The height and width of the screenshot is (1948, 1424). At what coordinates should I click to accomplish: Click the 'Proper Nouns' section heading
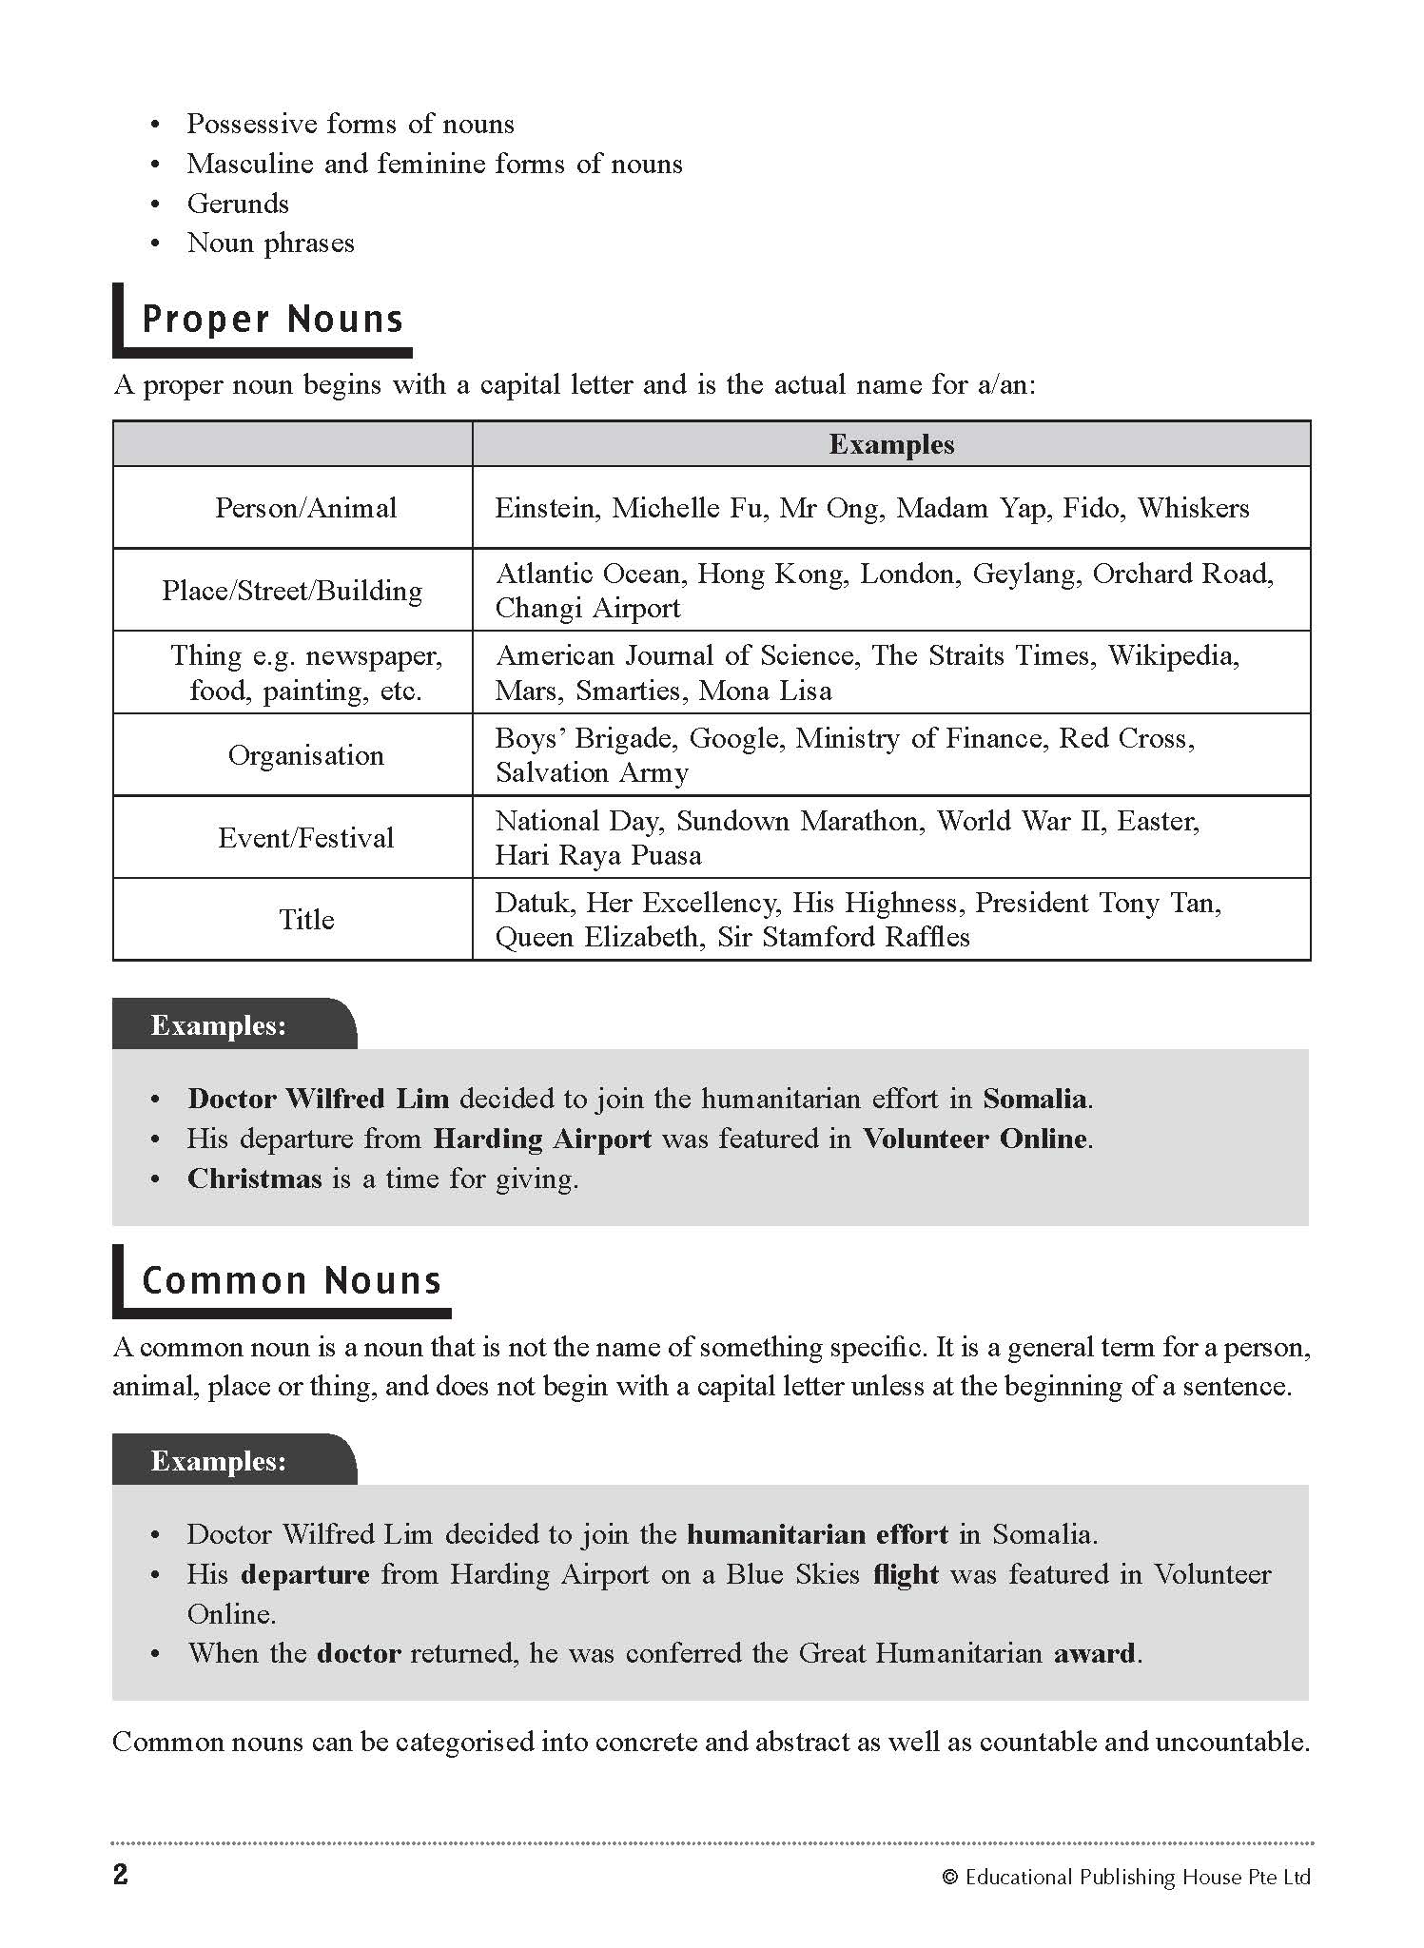click(x=272, y=320)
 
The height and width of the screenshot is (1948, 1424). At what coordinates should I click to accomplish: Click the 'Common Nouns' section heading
click(x=291, y=1280)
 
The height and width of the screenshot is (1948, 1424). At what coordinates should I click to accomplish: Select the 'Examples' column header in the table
click(x=891, y=444)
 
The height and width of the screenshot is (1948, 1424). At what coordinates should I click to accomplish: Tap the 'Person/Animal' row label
click(x=305, y=508)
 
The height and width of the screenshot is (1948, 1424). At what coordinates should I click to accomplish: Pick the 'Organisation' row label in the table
click(x=305, y=755)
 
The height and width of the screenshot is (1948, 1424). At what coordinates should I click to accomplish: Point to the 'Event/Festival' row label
click(x=305, y=838)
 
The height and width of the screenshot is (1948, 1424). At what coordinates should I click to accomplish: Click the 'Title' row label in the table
click(x=306, y=920)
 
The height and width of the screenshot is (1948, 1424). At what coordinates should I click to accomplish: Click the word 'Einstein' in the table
click(x=547, y=508)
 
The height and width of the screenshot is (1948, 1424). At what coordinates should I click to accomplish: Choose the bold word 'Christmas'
click(x=255, y=1179)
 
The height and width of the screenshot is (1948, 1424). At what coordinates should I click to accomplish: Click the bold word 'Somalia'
click(x=1036, y=1099)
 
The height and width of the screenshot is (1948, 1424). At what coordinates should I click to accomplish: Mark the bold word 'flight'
click(x=906, y=1574)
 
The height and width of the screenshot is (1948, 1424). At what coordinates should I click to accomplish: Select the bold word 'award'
click(x=1095, y=1653)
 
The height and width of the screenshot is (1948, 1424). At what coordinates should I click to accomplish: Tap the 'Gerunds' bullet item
click(x=238, y=204)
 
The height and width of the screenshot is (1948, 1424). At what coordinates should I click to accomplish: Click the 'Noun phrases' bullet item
click(x=270, y=243)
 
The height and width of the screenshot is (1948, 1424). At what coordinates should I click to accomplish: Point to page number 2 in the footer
click(x=121, y=1875)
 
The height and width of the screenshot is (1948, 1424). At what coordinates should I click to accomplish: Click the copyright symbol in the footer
click(x=948, y=1877)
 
